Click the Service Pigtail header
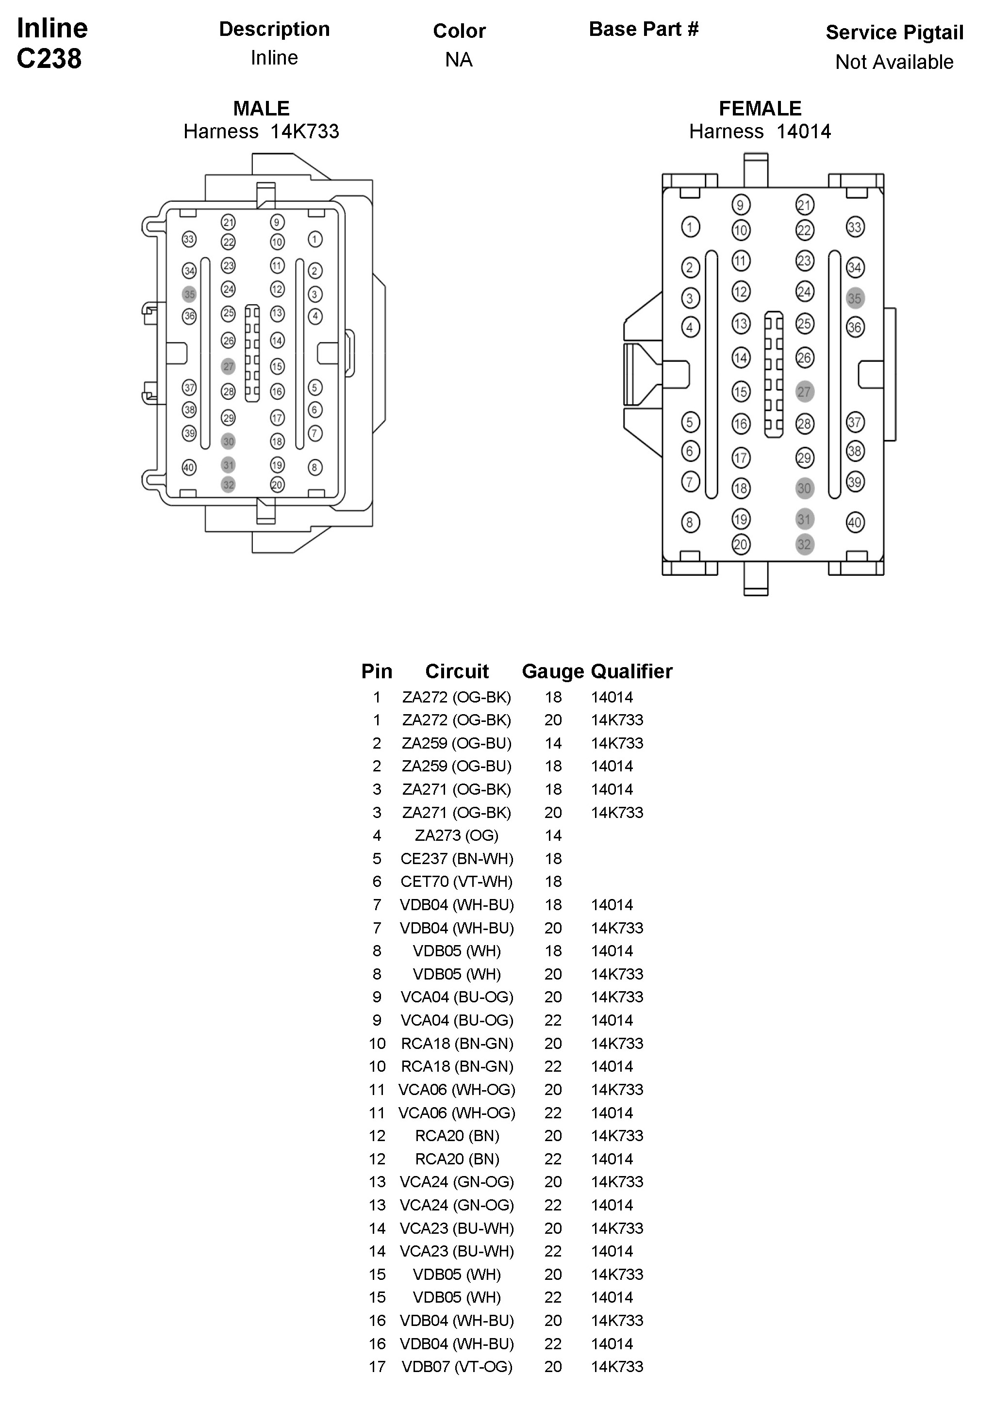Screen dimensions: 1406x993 pyautogui.click(x=894, y=33)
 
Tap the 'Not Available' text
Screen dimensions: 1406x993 pyautogui.click(x=894, y=62)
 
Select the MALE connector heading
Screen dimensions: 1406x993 pyautogui.click(x=261, y=108)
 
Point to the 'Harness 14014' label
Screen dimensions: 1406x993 pyautogui.click(x=760, y=131)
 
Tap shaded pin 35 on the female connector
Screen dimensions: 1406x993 pyautogui.click(x=855, y=298)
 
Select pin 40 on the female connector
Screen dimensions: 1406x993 pyautogui.click(x=855, y=523)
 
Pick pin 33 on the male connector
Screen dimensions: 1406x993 pyautogui.click(x=189, y=239)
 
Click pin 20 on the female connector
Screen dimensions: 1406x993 pyautogui.click(x=741, y=544)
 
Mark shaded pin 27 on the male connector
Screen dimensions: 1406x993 pyautogui.click(x=228, y=366)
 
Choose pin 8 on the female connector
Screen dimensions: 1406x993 pyautogui.click(x=690, y=523)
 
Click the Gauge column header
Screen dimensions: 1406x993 pyautogui.click(x=552, y=671)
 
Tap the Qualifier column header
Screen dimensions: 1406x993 pyautogui.click(x=631, y=671)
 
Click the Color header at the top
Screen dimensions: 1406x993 pyautogui.click(x=459, y=31)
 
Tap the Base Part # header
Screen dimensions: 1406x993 pyautogui.click(x=643, y=29)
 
